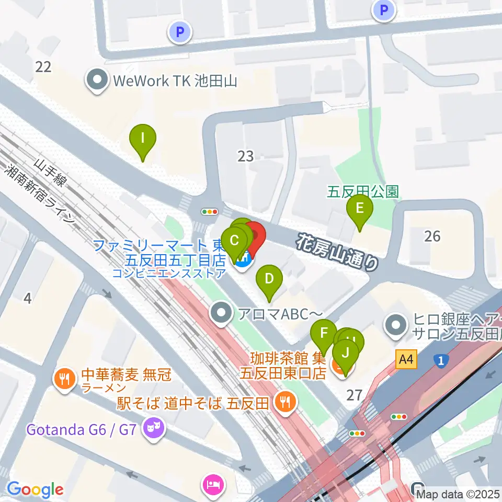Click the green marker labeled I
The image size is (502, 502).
tap(143, 140)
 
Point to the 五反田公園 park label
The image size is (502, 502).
tap(363, 191)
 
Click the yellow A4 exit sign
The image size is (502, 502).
tap(407, 360)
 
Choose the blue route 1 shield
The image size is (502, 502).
tap(441, 360)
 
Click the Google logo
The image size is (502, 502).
tap(35, 489)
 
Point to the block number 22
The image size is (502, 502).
tap(43, 66)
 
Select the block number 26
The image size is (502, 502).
tap(432, 236)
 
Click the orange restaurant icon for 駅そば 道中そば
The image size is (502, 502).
tap(285, 402)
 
